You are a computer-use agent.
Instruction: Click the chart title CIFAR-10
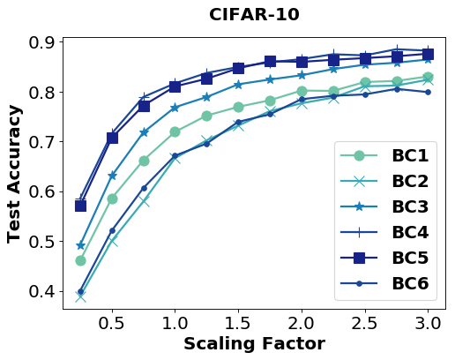[254, 15]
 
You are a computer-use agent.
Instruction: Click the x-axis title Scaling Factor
[254, 344]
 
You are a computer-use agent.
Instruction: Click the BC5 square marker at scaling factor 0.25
[80, 206]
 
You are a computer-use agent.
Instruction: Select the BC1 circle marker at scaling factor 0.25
[80, 260]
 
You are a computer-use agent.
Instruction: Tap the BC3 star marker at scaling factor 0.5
[112, 176]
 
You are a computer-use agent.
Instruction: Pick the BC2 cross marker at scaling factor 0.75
[144, 201]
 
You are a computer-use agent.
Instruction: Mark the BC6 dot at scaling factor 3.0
[428, 92]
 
